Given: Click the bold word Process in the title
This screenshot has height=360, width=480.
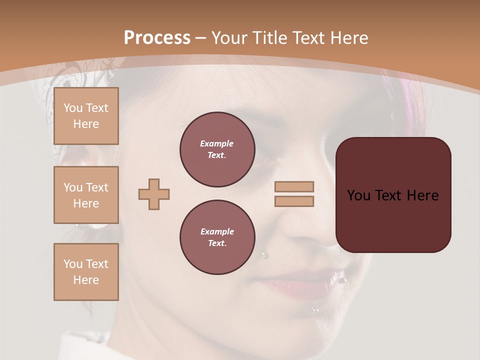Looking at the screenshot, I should point(157,38).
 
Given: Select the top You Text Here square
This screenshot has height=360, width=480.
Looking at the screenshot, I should point(86,116).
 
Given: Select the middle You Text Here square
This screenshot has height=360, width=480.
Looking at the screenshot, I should point(86,195).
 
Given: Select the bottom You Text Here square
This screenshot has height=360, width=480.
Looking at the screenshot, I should point(86,271).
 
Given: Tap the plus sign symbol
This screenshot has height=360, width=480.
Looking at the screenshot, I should point(154,194).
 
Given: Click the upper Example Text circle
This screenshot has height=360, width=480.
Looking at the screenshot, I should point(217,149).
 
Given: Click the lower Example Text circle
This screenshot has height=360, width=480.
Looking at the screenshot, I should point(217,237).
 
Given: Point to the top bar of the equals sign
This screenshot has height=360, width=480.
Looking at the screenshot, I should point(294,186).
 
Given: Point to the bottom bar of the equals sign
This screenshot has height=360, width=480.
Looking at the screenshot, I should point(294,201).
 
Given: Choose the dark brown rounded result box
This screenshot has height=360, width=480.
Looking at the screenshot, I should point(393,195).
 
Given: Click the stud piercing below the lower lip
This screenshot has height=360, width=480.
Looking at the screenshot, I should point(315,310).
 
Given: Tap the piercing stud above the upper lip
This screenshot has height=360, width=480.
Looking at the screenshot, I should point(264,255).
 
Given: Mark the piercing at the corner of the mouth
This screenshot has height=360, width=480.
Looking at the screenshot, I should point(343,280).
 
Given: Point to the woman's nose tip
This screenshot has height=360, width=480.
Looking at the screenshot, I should point(320,240).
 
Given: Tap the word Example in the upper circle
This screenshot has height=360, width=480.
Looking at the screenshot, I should point(217,143).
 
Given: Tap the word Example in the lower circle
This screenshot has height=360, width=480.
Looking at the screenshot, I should point(217,231).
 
